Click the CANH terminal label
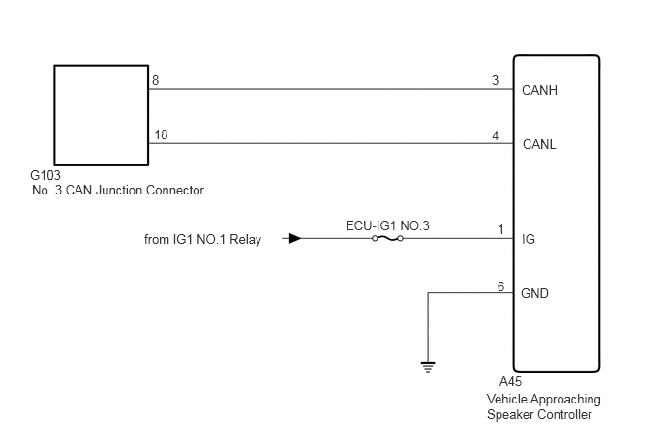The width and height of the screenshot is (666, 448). [539, 90]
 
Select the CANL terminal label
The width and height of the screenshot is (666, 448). [539, 144]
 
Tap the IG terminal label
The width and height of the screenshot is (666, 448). [529, 239]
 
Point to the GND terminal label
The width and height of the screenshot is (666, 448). [534, 293]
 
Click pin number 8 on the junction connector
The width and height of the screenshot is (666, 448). [156, 80]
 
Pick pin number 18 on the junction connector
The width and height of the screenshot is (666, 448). [161, 134]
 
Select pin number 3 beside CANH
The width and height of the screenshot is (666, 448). [496, 80]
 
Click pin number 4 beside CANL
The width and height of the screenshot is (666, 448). [496, 135]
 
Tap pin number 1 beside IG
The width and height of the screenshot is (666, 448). [501, 229]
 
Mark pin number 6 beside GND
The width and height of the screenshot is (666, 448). [501, 286]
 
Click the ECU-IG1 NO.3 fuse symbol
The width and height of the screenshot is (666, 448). [387, 239]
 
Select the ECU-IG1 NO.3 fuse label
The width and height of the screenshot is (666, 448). [387, 225]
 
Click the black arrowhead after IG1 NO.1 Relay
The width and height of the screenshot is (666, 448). [295, 239]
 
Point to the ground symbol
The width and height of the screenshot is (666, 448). [428, 367]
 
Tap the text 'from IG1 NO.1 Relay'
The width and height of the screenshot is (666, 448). [202, 240]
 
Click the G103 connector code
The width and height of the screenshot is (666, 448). [45, 175]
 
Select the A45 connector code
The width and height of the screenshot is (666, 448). [510, 382]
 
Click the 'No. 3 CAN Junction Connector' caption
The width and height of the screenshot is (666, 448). [118, 190]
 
